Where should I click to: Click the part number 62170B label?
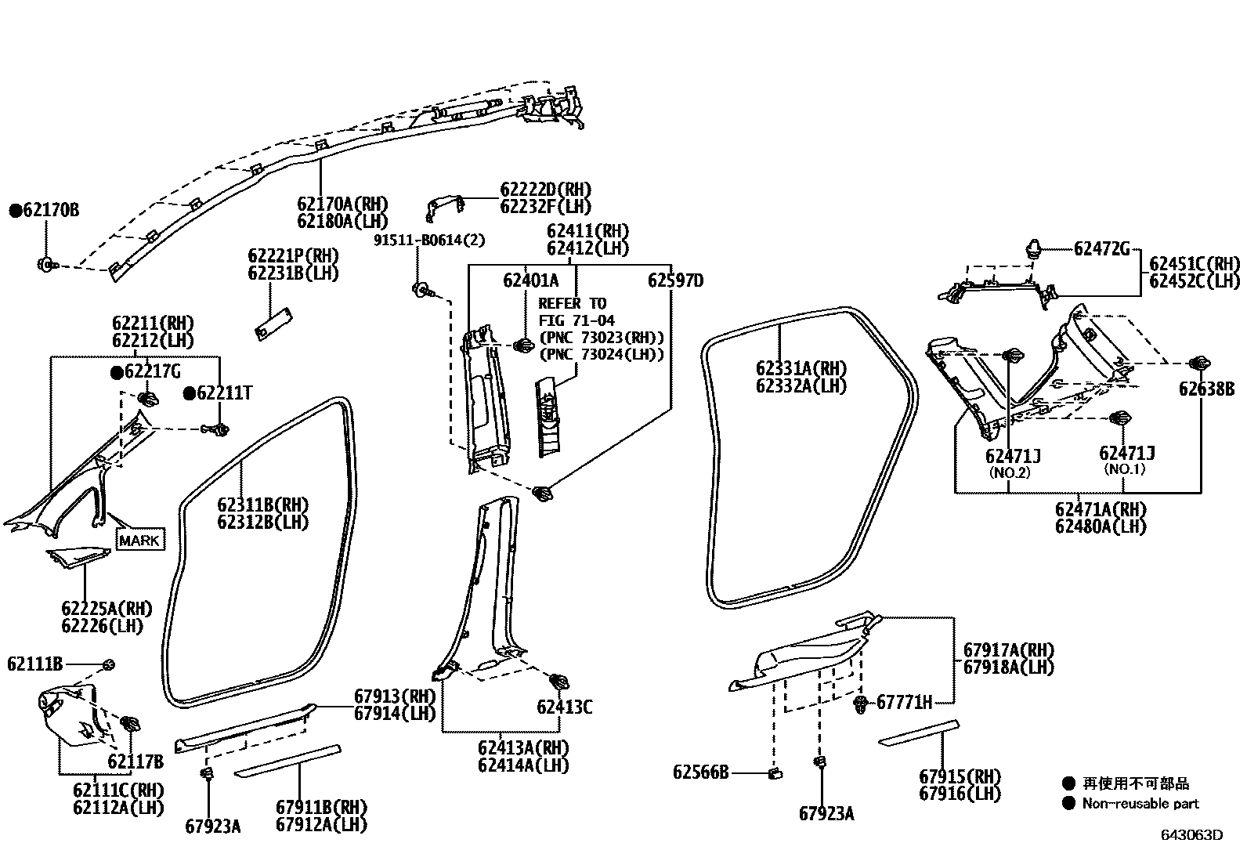[51, 210]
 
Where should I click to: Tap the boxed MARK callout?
[141, 540]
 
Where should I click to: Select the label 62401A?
[531, 280]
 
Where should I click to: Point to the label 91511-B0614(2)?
[429, 241]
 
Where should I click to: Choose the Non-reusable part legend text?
[1140, 803]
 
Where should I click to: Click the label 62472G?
[1101, 249]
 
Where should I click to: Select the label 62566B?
[700, 772]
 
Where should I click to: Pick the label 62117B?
[136, 762]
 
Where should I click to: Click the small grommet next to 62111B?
[110, 665]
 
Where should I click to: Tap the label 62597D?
[675, 280]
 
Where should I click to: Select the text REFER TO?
[572, 303]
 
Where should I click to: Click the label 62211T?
[224, 393]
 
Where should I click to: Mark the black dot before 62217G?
[116, 372]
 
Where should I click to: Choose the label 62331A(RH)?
[801, 368]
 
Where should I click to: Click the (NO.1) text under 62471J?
[1124, 469]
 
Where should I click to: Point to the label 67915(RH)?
[960, 776]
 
